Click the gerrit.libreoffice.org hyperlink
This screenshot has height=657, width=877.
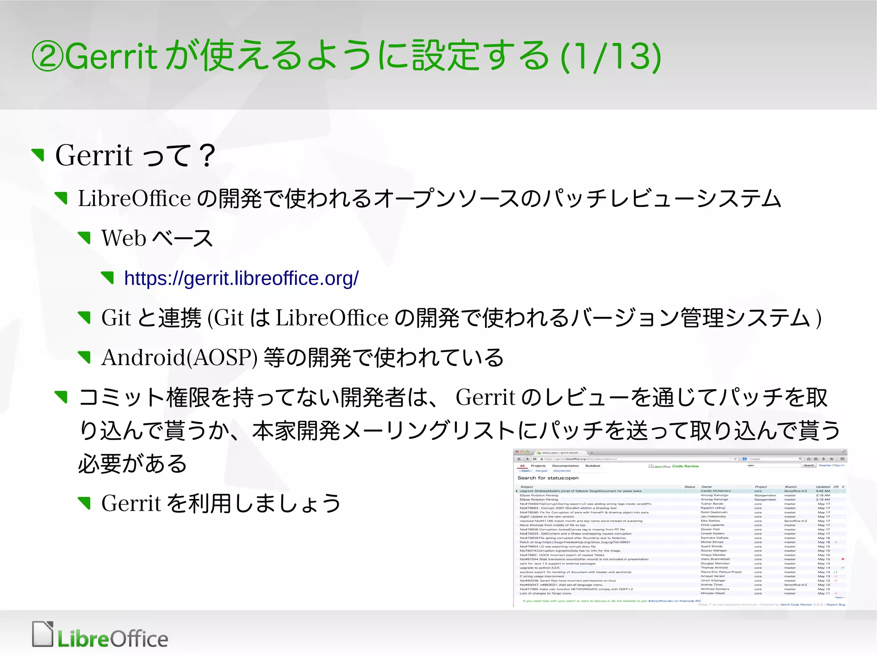pyautogui.click(x=241, y=279)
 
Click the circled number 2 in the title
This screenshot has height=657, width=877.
pyautogui.click(x=48, y=56)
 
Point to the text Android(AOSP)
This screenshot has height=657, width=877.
pyautogui.click(x=179, y=358)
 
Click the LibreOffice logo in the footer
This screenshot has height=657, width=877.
pyautogui.click(x=100, y=636)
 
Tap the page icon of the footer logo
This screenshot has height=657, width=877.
pyautogui.click(x=43, y=634)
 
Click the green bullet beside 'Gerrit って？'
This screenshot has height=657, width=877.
pyautogui.click(x=39, y=155)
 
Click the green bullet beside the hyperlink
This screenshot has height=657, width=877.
pyautogui.click(x=108, y=278)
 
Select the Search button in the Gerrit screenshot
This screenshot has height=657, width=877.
pyautogui.click(x=808, y=465)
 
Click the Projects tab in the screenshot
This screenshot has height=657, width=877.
pyautogui.click(x=538, y=466)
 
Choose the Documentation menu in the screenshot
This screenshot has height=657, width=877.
pyautogui.click(x=565, y=466)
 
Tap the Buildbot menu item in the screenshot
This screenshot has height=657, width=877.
pyautogui.click(x=593, y=466)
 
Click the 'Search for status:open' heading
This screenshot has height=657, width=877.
pyautogui.click(x=548, y=478)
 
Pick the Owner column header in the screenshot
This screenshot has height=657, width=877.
pyautogui.click(x=707, y=487)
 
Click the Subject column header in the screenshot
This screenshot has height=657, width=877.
pyautogui.click(x=526, y=487)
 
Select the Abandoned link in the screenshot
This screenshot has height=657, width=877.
pyautogui.click(x=561, y=471)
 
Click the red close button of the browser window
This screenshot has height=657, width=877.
pyautogui.click(x=517, y=452)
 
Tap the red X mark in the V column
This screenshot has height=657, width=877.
pyautogui.click(x=843, y=559)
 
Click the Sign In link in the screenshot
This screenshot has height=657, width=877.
pyautogui.click(x=839, y=465)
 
